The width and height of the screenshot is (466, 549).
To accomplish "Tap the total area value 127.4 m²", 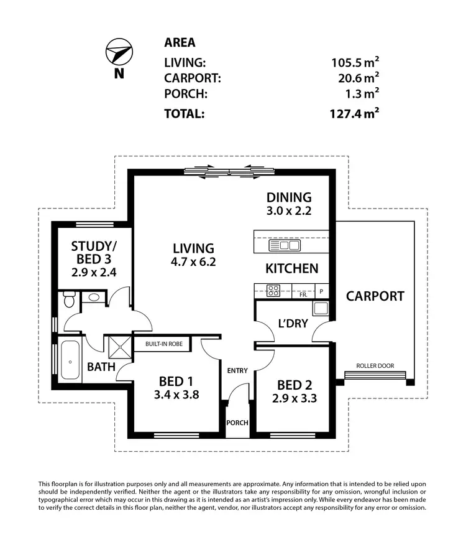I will coord(354,113).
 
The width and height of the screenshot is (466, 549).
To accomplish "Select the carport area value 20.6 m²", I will coord(354,78).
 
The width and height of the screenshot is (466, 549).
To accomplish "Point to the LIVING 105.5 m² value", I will coord(354,62).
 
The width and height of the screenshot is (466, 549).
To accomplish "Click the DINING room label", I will coord(286,197).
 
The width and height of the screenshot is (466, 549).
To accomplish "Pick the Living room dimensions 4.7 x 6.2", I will coord(194,262).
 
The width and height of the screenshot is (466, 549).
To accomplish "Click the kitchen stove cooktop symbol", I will coord(273,289).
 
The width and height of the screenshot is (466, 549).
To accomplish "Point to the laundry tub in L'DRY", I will coord(321,308).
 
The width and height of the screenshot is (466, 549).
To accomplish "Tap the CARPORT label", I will coord(375,296).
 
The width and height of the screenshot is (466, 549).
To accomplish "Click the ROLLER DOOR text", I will coord(375,366).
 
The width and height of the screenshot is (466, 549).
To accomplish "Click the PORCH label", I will coord(238,423).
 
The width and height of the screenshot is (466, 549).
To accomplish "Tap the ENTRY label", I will coord(237,370).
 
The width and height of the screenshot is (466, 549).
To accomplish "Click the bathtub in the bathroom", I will coord(69,360).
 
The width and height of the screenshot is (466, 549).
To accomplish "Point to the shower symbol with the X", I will coord(116,345).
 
